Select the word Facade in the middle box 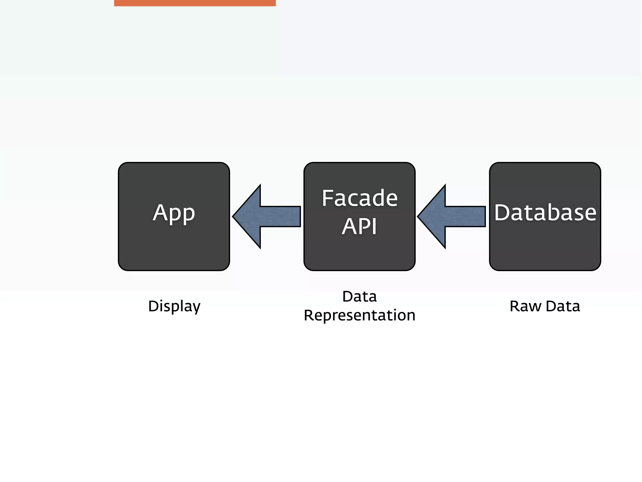pos(360,198)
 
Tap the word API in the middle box pos(359,227)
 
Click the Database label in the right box pos(545,213)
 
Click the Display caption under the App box pos(174,306)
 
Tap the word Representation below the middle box pos(360,315)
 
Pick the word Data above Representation pos(359,297)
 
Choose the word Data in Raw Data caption pos(563,306)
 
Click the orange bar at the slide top pos(195,3)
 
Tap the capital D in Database pos(502,213)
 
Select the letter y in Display pos(196,308)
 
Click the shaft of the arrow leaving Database pos(466,216)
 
